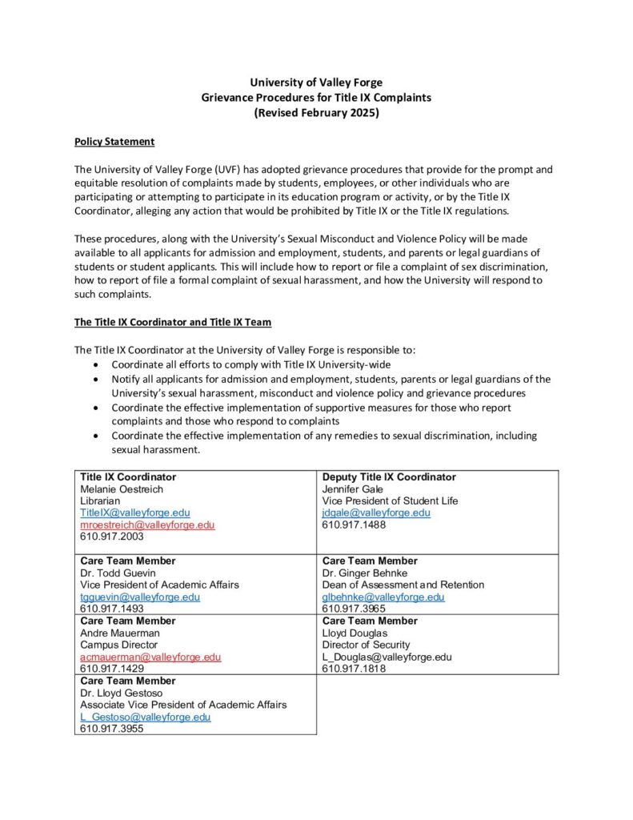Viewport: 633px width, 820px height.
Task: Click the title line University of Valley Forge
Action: [316, 82]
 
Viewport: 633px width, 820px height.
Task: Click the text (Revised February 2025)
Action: [316, 113]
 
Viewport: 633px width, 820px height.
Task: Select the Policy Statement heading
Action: [114, 142]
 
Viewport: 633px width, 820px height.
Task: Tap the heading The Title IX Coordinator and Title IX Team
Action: [173, 323]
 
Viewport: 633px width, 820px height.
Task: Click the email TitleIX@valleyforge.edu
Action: [134, 512]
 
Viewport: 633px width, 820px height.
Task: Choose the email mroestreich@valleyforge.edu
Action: [147, 525]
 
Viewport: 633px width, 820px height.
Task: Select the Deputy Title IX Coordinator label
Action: [389, 477]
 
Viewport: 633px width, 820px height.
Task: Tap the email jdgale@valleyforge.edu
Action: [376, 512]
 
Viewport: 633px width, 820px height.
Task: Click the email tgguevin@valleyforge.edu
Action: [140, 597]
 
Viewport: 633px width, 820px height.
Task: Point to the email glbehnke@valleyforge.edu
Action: [383, 597]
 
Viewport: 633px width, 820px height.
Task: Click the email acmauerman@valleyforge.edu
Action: [150, 657]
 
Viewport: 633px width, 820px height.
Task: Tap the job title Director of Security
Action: [366, 645]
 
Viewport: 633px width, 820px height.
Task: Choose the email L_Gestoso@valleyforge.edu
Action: [145, 717]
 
